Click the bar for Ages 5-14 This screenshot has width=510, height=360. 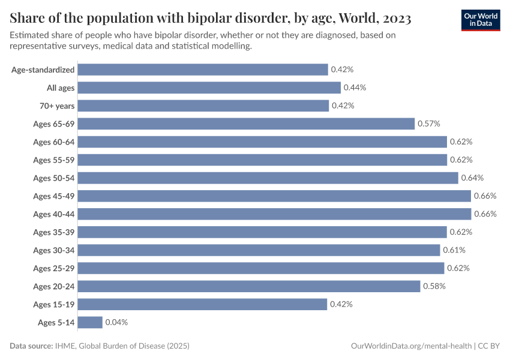click(x=90, y=322)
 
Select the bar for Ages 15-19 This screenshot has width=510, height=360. click(x=202, y=304)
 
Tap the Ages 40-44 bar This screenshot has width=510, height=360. click(x=274, y=214)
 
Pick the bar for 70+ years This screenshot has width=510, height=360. click(x=203, y=106)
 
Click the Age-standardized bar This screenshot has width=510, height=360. click(x=203, y=70)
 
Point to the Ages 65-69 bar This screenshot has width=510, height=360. click(x=246, y=124)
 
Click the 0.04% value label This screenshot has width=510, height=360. click(x=116, y=322)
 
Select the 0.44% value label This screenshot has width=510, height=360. click(x=355, y=88)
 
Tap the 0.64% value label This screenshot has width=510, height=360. click(x=472, y=178)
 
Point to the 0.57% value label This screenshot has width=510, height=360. click(x=429, y=124)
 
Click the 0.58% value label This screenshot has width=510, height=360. click(x=434, y=286)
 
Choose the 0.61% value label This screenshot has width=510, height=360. click(x=454, y=250)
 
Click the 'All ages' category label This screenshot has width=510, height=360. click(x=61, y=88)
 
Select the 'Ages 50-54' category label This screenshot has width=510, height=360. click(x=54, y=178)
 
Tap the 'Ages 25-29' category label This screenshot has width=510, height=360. click(x=54, y=268)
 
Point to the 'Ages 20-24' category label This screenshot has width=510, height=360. click(x=54, y=286)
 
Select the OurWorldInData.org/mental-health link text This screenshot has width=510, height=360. click(x=411, y=346)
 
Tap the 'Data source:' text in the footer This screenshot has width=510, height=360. click(x=32, y=346)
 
